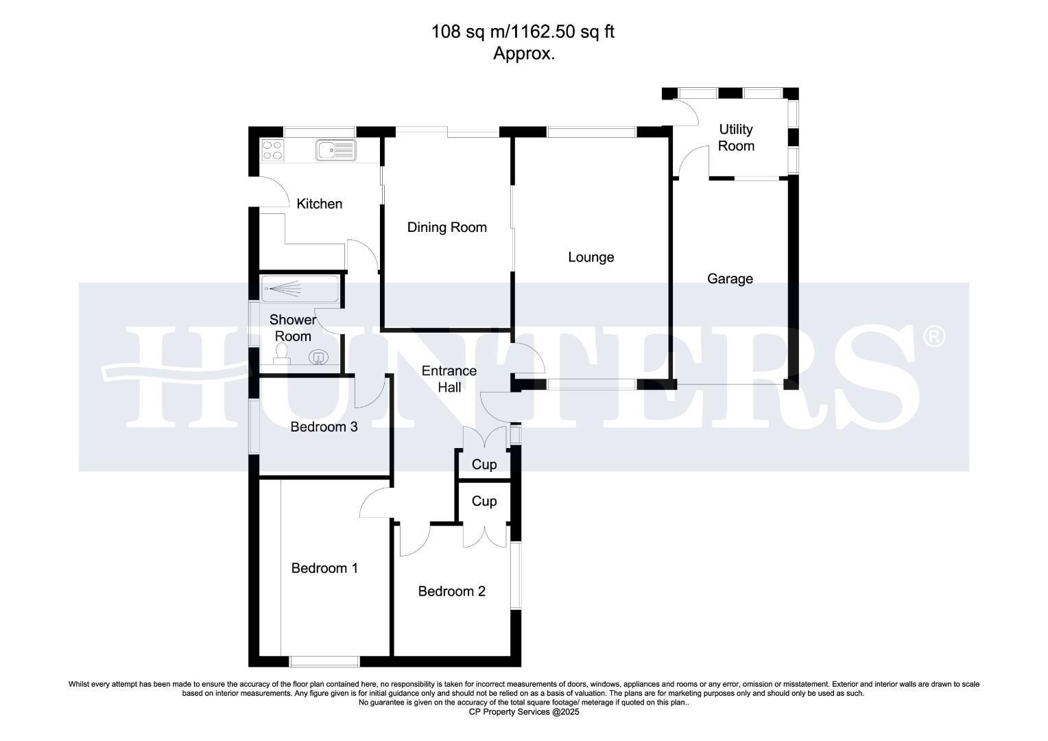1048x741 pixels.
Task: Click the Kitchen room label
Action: tap(319, 204)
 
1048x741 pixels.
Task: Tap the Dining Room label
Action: tap(446, 227)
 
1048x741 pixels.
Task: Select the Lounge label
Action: tap(591, 257)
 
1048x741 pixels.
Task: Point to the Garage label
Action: tap(730, 279)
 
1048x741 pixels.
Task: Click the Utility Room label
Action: tap(735, 137)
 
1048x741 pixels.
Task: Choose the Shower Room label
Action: tap(293, 328)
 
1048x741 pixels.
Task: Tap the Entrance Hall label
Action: tap(449, 379)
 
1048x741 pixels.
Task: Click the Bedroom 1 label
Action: tap(324, 568)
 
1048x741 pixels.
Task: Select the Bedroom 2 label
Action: tap(452, 591)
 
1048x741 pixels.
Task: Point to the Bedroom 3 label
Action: tap(324, 427)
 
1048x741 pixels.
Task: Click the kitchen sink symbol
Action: tap(335, 150)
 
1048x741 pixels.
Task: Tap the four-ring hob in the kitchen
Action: tap(272, 150)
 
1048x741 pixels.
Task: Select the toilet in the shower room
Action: tap(281, 354)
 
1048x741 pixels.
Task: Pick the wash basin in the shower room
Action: tap(319, 357)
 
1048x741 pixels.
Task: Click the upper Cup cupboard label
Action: tap(484, 464)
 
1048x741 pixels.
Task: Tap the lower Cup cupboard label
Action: tap(484, 502)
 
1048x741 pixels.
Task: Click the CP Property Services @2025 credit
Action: tap(524, 712)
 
